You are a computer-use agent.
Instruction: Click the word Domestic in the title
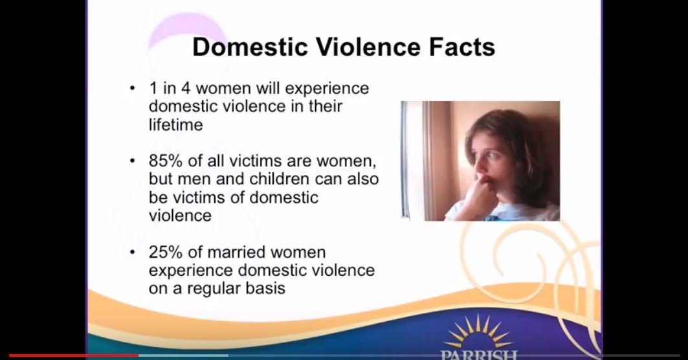(250, 47)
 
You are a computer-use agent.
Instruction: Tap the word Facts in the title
(462, 47)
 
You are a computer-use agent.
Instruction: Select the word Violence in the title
(368, 47)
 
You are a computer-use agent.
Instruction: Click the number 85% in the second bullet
(166, 161)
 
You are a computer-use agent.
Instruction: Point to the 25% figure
(166, 253)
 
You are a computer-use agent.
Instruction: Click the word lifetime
(175, 125)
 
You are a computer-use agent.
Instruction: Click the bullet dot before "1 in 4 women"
(132, 88)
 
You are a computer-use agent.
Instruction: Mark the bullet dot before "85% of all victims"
(132, 161)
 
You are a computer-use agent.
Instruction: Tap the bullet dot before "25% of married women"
(132, 253)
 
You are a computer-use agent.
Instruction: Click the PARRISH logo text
(479, 355)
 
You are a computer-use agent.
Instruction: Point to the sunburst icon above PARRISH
(478, 332)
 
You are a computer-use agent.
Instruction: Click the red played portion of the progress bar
(74, 355)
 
